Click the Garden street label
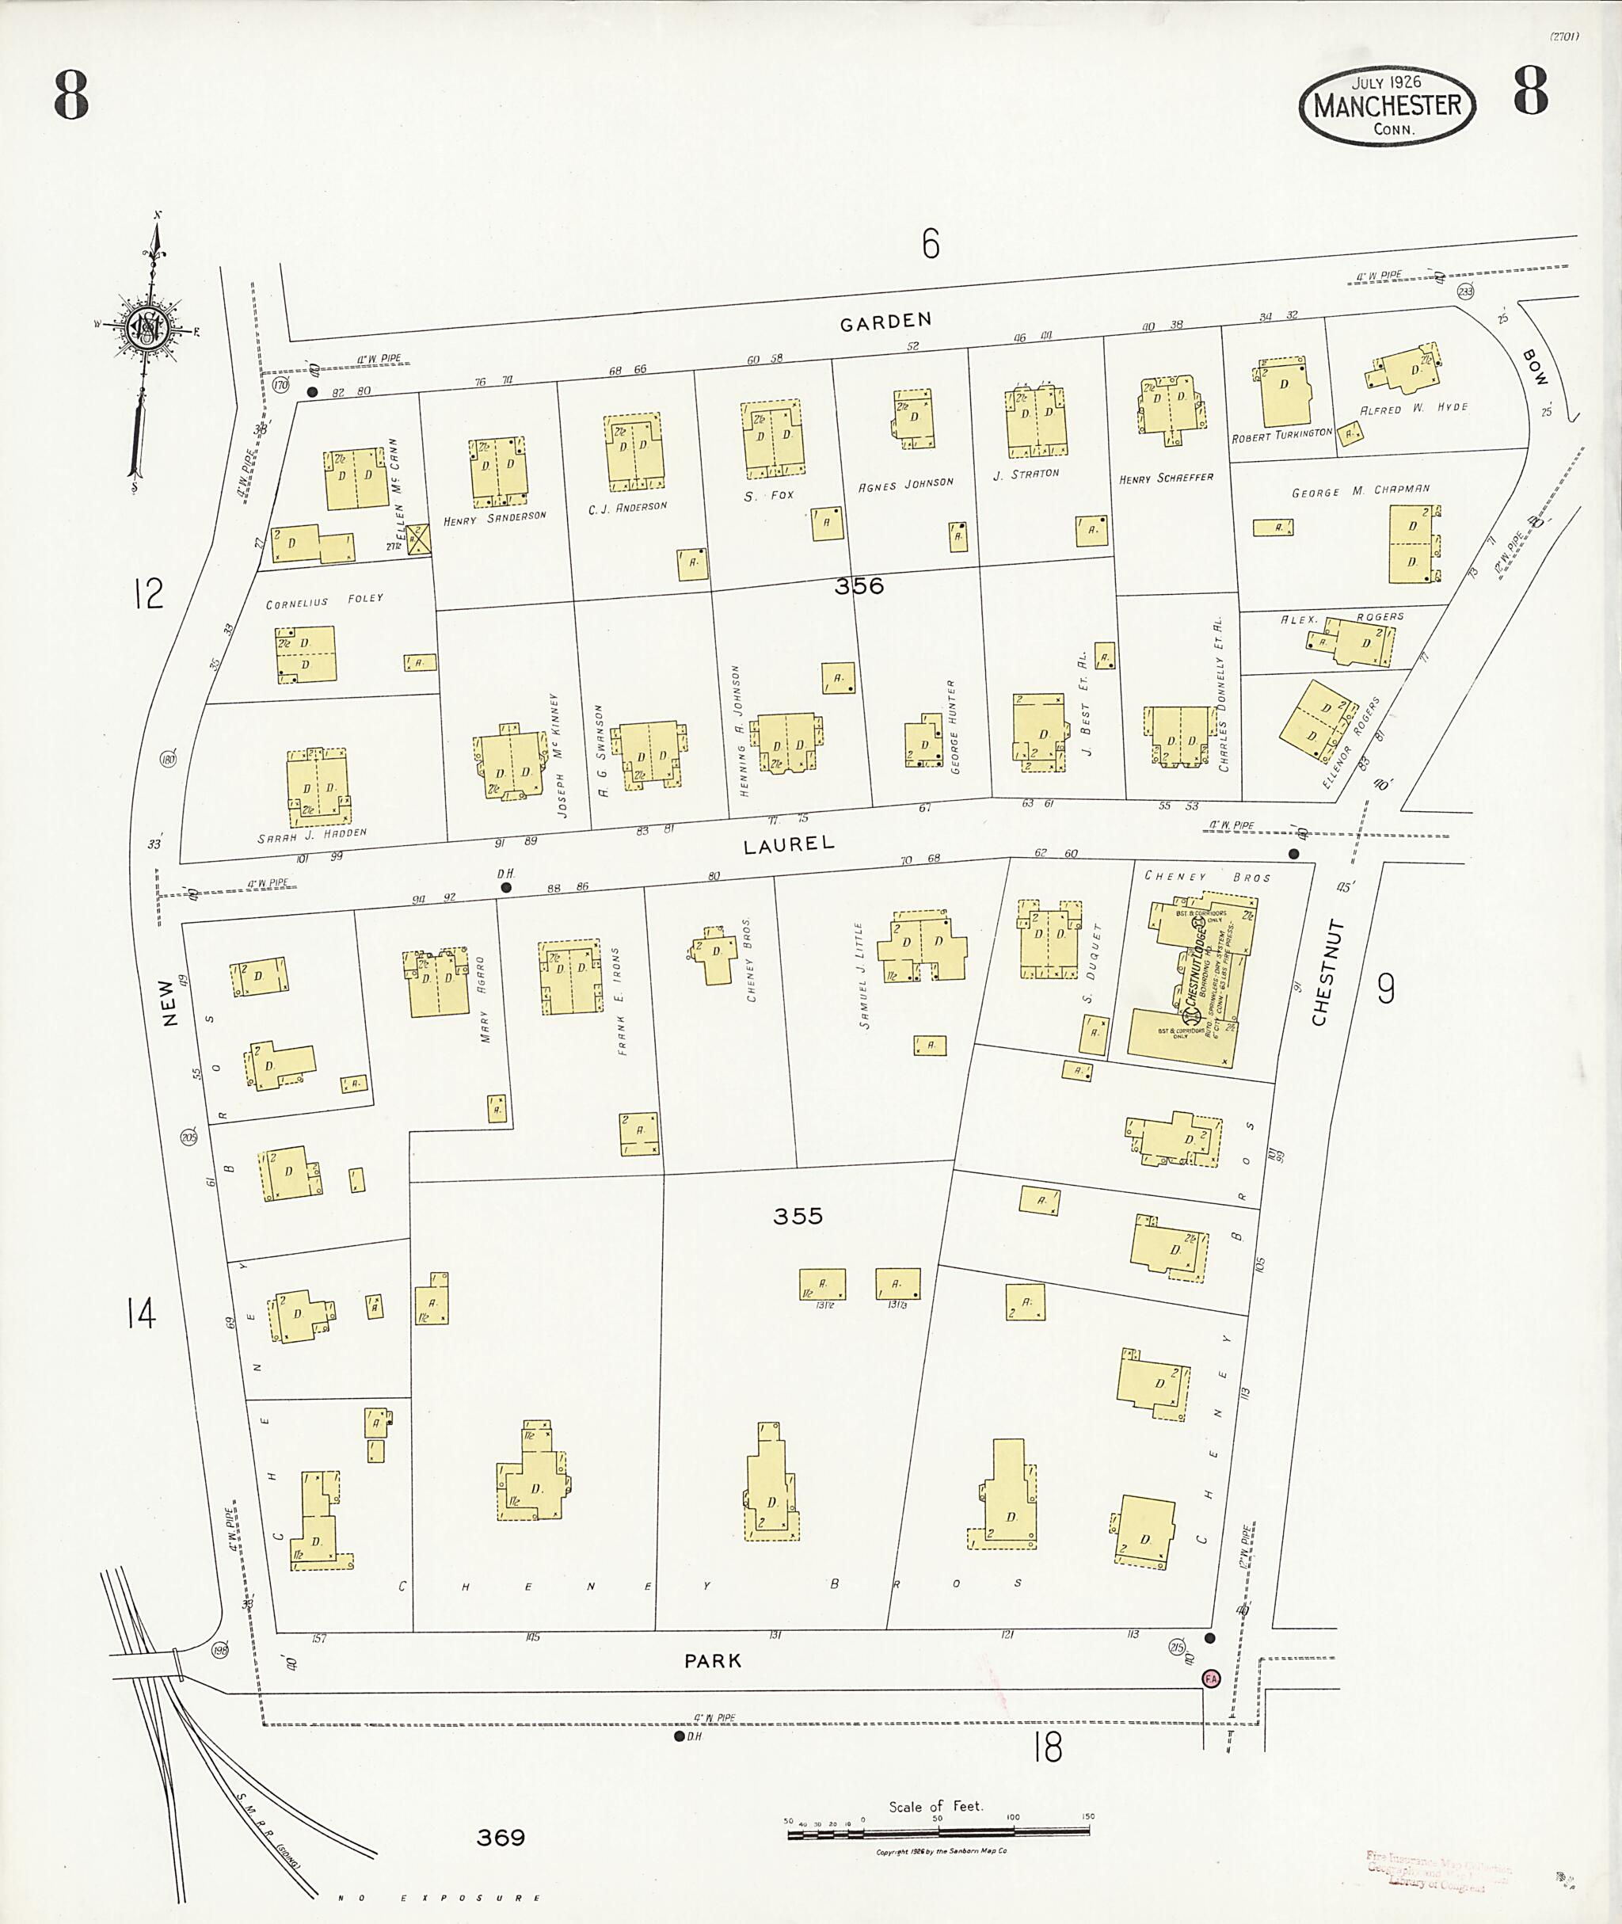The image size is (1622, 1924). tap(885, 321)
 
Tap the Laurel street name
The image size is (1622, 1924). tap(789, 844)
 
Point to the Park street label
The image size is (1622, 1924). tap(712, 1661)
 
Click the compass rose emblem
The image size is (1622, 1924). tap(147, 326)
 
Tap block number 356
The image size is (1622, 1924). tap(859, 586)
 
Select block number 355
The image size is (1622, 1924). tap(798, 1217)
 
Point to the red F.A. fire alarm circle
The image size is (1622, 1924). tap(1211, 1678)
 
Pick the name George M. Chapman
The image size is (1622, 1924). tap(1360, 491)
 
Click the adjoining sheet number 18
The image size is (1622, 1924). tap(1047, 1747)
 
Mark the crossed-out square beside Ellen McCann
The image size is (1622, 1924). tap(418, 539)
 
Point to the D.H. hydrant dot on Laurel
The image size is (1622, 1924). tap(506, 887)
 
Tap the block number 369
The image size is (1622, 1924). tap(501, 1838)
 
